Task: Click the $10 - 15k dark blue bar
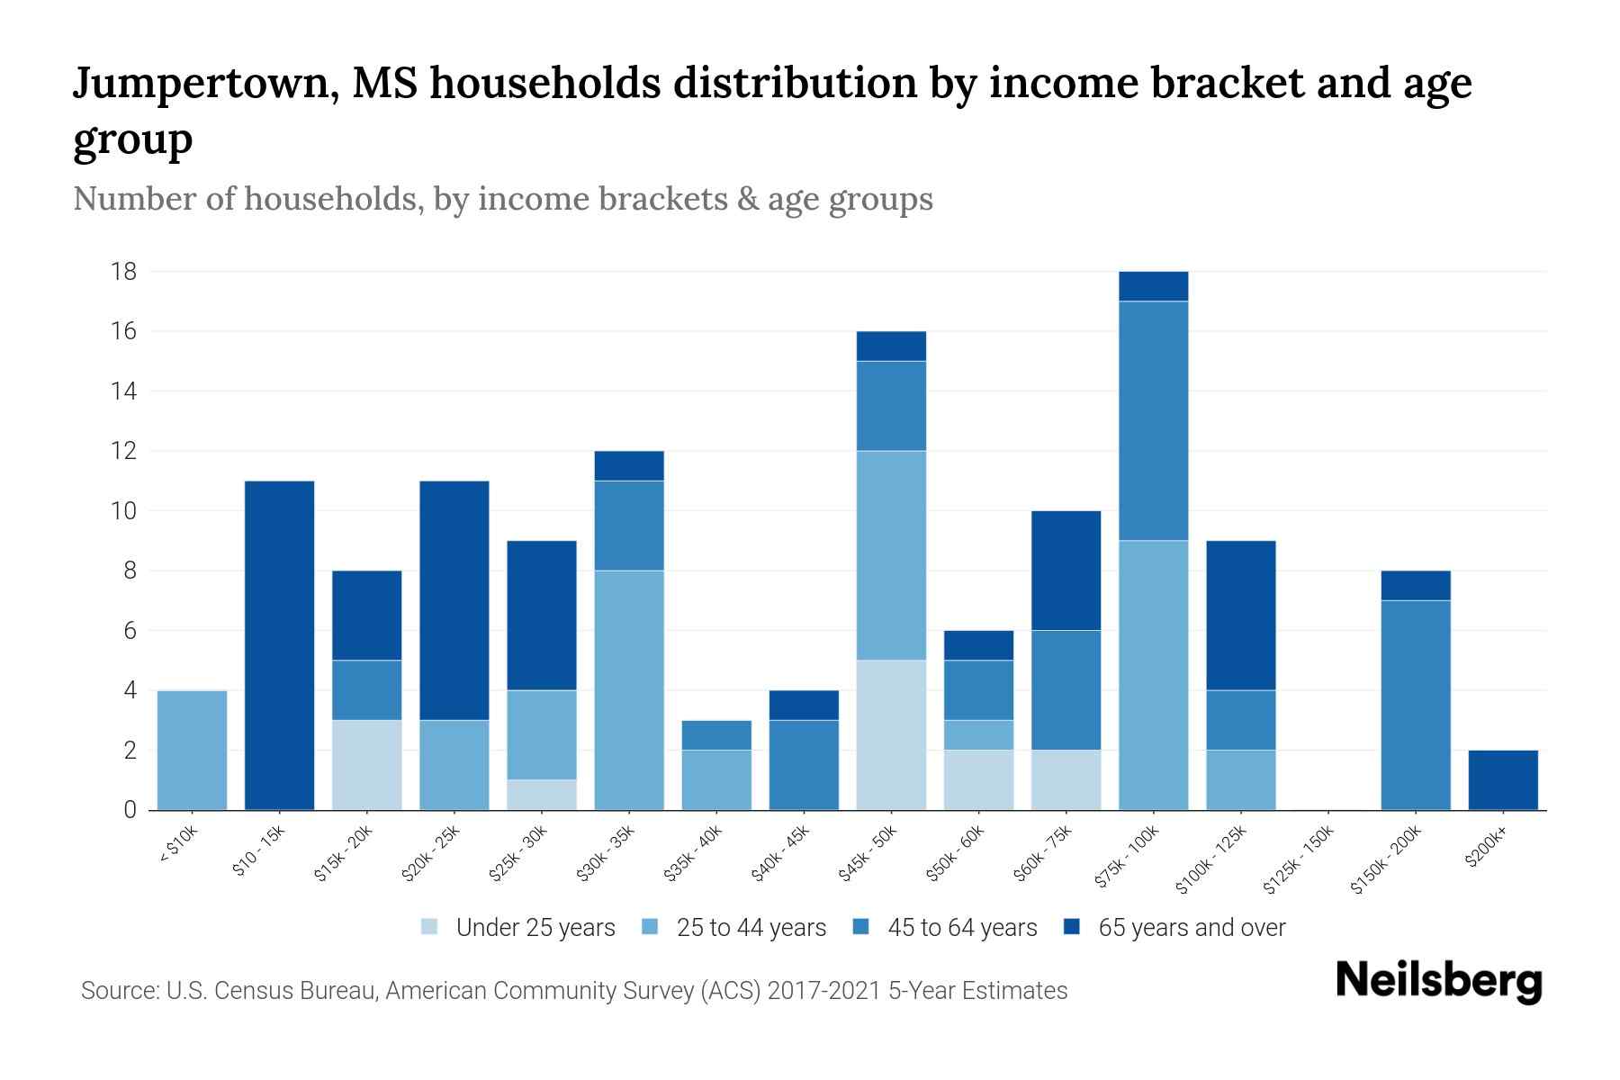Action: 279,645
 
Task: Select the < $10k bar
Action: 192,750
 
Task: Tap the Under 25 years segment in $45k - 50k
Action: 891,734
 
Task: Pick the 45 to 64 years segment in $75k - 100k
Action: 1153,420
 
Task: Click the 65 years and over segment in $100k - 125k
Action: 1240,615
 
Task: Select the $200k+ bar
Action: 1502,779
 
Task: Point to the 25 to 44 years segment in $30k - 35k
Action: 629,689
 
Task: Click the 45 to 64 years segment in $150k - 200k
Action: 1415,705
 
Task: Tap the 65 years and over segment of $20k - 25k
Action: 454,600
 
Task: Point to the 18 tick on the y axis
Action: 124,272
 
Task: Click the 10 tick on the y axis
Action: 124,511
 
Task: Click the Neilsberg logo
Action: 1438,981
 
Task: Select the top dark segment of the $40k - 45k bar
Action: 804,705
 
